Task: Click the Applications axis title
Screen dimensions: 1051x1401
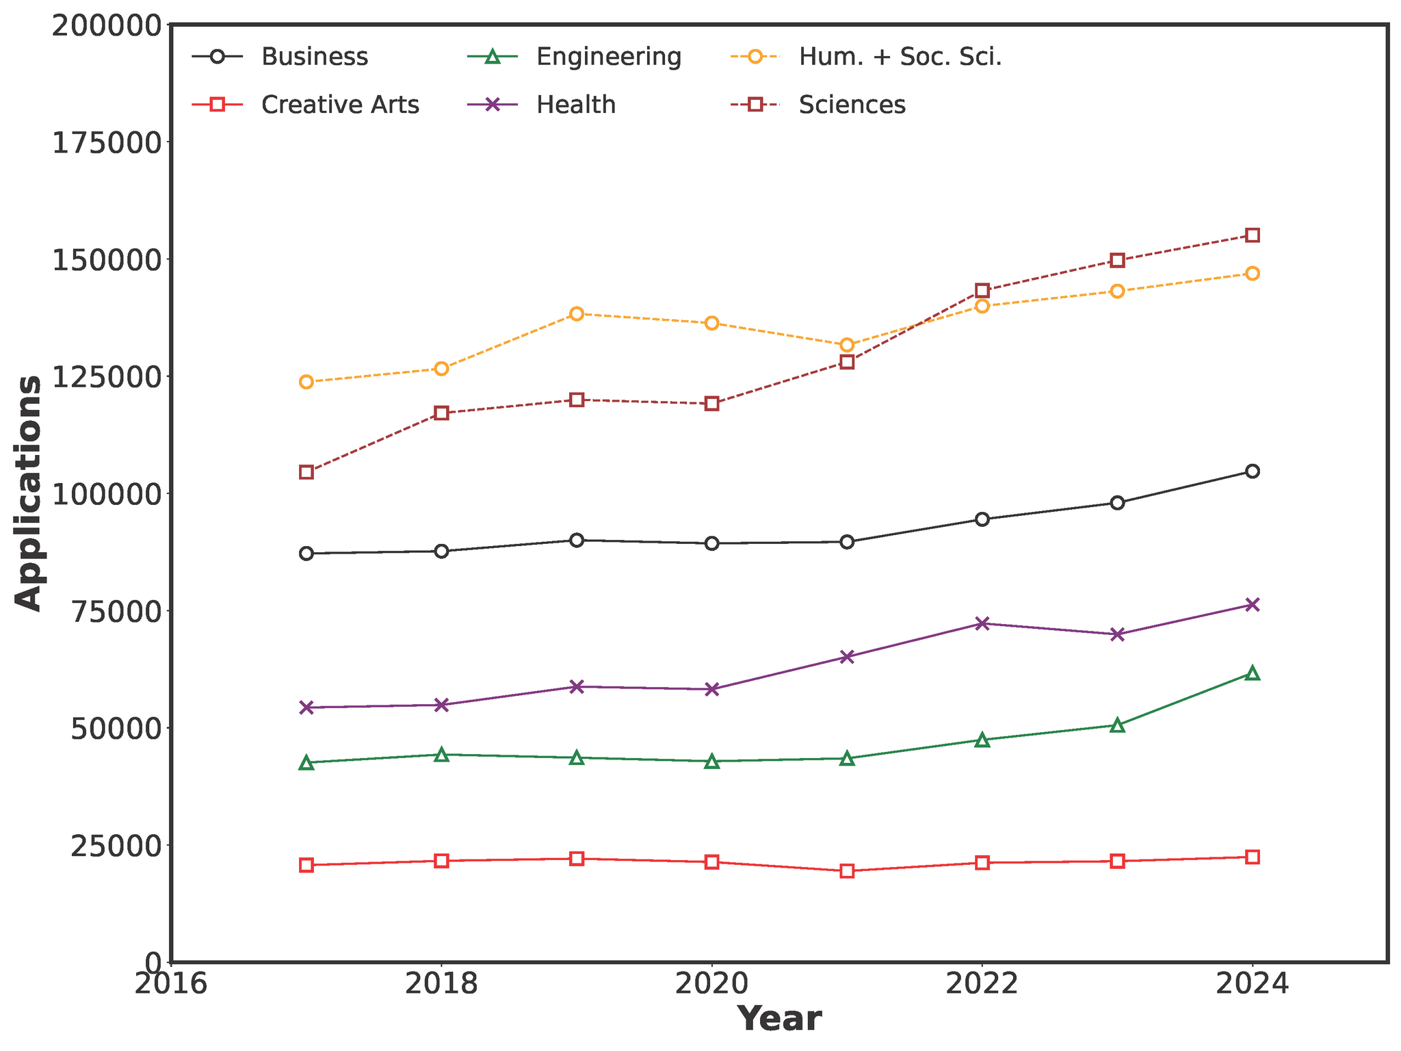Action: click(29, 493)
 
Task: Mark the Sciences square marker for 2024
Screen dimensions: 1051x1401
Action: click(1253, 235)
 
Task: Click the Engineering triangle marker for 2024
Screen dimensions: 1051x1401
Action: click(1253, 673)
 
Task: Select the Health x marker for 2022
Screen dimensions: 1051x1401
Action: click(982, 623)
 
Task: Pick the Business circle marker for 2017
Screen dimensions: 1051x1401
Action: click(306, 554)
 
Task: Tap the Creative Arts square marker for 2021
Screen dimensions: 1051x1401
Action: click(847, 871)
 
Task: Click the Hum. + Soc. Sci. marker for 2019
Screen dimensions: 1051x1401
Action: click(577, 314)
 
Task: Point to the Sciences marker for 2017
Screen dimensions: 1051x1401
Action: click(306, 472)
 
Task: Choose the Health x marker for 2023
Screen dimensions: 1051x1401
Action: click(1117, 634)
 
